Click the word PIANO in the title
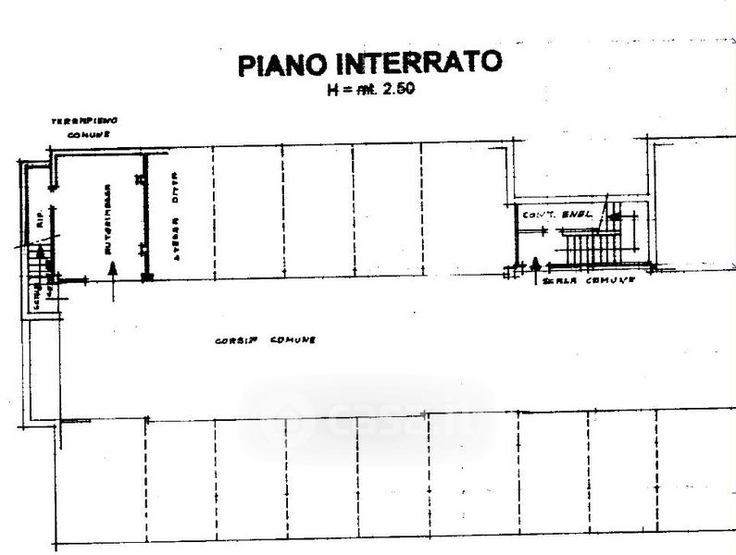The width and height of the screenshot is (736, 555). [280, 65]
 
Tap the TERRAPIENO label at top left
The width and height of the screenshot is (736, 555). [84, 121]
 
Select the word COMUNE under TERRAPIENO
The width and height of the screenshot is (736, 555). [89, 135]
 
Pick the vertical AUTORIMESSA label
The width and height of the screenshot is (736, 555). [108, 217]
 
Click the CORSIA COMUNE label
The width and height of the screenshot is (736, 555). [265, 340]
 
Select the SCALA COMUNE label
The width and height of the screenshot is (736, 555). [588, 279]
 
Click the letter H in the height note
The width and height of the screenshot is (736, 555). [331, 91]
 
